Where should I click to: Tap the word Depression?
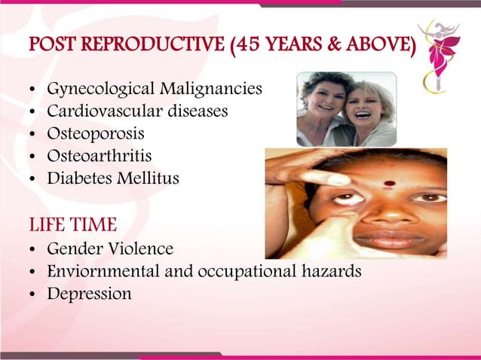point(89,294)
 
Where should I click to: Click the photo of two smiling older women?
point(346,109)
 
